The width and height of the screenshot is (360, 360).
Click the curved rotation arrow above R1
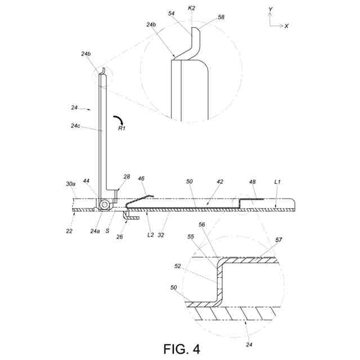click(119, 120)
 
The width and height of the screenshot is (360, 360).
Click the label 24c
click(77, 126)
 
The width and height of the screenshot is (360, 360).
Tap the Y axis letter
click(270, 10)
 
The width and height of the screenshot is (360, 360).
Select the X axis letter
click(287, 26)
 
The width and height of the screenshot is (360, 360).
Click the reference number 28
click(127, 177)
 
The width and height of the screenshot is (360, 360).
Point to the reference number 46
click(141, 178)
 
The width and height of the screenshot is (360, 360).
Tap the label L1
click(277, 182)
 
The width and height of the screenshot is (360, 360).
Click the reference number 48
click(253, 182)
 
